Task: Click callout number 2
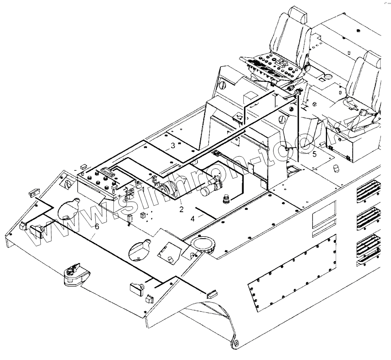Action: (x=181, y=209)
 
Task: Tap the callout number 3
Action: (x=173, y=146)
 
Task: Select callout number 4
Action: (x=193, y=219)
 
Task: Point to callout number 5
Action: (x=315, y=153)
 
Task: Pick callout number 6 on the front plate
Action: (x=97, y=227)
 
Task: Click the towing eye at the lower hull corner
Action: (x=237, y=344)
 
